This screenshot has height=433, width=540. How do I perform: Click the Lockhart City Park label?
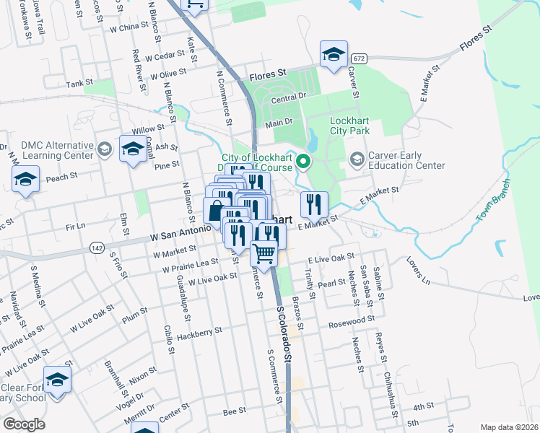coord(349,126)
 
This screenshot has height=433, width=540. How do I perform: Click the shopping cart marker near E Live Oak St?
coord(265,254)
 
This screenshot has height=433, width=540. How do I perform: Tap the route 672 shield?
coord(359,58)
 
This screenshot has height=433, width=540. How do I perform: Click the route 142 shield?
coord(96,248)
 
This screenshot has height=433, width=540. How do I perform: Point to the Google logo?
coord(24,424)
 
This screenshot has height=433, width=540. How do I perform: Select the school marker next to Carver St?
coord(334,55)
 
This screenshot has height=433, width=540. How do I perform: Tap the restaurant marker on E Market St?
coord(314,204)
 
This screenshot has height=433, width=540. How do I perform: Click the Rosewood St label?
coord(351,319)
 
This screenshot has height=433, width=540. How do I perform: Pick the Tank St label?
coord(79,84)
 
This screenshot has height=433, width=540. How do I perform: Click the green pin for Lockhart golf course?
coord(304,162)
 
